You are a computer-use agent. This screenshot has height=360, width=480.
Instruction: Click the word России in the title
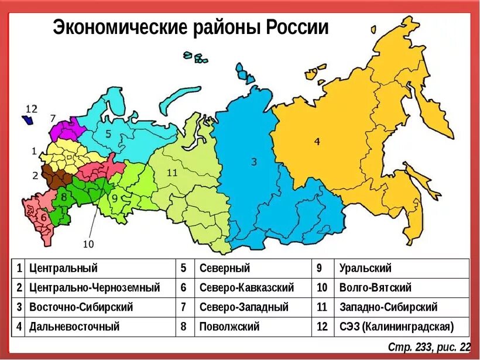pos(297,28)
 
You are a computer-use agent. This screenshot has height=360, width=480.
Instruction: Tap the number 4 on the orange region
pos(317,140)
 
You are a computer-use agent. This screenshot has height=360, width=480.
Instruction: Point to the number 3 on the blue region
pos(253,162)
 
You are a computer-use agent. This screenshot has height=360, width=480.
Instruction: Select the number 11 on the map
pos(172,173)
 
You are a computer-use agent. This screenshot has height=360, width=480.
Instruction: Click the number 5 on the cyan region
pos(108,133)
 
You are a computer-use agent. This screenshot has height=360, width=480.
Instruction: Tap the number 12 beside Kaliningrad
pos(31,109)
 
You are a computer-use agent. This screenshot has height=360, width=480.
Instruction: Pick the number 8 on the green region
pos(64,197)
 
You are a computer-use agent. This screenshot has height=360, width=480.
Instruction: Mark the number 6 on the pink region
pos(43,217)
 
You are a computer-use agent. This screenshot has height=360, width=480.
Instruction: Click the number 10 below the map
pos(88,244)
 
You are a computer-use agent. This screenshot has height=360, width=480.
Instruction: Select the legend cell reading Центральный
pos(63,269)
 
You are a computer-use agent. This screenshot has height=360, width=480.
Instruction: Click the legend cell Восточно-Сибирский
pos(81,307)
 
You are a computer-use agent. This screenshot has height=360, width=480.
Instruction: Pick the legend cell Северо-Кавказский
pos(246,288)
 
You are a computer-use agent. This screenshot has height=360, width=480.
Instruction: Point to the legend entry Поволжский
pos(229,327)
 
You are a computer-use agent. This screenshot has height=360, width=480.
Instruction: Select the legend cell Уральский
pos(365,269)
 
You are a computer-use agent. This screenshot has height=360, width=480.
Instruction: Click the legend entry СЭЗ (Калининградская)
pos(396,327)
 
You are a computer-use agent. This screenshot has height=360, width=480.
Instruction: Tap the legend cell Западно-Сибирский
pos(388,307)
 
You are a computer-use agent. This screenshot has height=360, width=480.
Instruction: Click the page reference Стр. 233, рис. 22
pos(430,348)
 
